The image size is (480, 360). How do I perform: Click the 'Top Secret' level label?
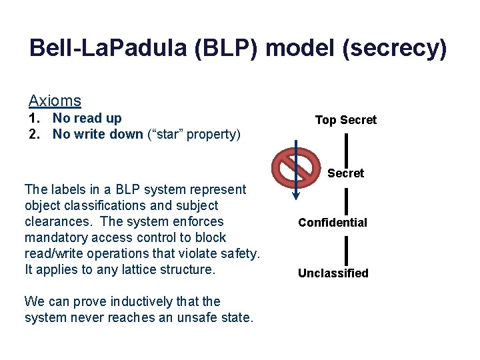[x=345, y=120]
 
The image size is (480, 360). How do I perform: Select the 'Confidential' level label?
[x=332, y=223]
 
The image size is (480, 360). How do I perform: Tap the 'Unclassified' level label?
[x=333, y=273]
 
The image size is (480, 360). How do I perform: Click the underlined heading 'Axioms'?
[x=55, y=101]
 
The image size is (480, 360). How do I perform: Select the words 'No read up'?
[x=87, y=119]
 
